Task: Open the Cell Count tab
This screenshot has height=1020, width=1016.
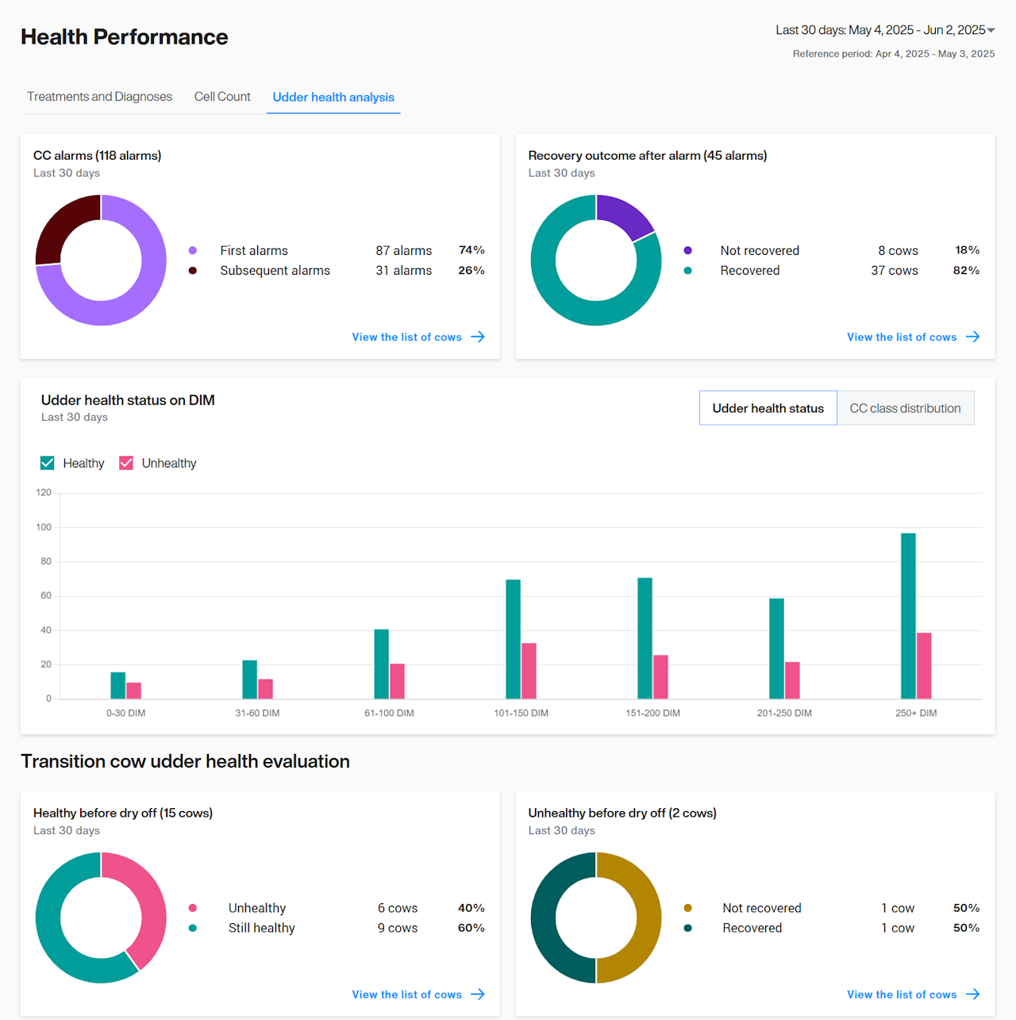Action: pos(222,97)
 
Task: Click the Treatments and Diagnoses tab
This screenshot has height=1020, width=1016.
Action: pos(99,97)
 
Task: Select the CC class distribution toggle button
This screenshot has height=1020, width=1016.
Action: pos(905,408)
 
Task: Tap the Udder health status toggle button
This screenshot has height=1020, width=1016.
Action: pos(768,408)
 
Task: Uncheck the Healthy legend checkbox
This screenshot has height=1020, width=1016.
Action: pos(48,463)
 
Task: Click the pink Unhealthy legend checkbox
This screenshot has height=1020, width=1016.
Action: pos(126,463)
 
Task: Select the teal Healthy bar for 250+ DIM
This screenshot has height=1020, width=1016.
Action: pos(908,616)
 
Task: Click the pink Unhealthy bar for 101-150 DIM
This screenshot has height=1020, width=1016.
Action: pos(529,671)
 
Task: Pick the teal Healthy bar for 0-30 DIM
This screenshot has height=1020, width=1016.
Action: pos(117,685)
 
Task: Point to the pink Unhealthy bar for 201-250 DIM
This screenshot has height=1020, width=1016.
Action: pos(792,680)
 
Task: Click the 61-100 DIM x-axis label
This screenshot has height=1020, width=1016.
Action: pos(389,713)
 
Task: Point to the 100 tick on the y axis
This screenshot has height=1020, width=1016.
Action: pos(44,527)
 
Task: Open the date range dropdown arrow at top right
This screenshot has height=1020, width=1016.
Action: pos(991,30)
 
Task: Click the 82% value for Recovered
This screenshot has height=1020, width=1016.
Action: pos(966,271)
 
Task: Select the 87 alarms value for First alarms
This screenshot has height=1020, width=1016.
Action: pos(403,251)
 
